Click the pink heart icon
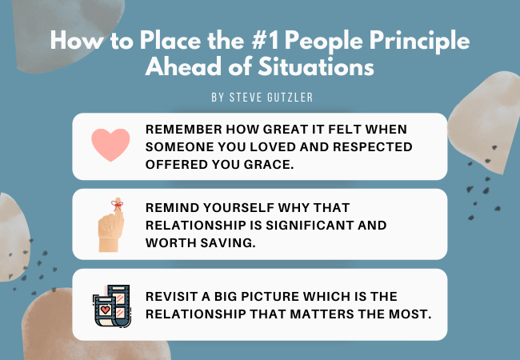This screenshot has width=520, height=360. click(x=110, y=145)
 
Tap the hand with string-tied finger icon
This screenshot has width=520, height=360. click(x=110, y=225)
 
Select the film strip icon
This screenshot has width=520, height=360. click(x=112, y=306)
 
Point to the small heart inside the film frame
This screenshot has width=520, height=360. click(x=105, y=310)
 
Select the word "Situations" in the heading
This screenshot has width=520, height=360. click(x=316, y=66)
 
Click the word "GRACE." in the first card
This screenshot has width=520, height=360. click(x=269, y=165)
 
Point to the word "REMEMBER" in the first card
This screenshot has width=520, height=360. click(x=183, y=130)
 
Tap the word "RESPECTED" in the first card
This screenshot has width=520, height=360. click(x=373, y=147)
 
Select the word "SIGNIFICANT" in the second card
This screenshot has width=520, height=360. click(x=309, y=226)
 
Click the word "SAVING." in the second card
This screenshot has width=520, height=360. click(x=228, y=243)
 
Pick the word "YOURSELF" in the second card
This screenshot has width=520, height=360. click(x=238, y=208)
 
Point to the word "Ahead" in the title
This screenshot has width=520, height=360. click(x=183, y=66)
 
